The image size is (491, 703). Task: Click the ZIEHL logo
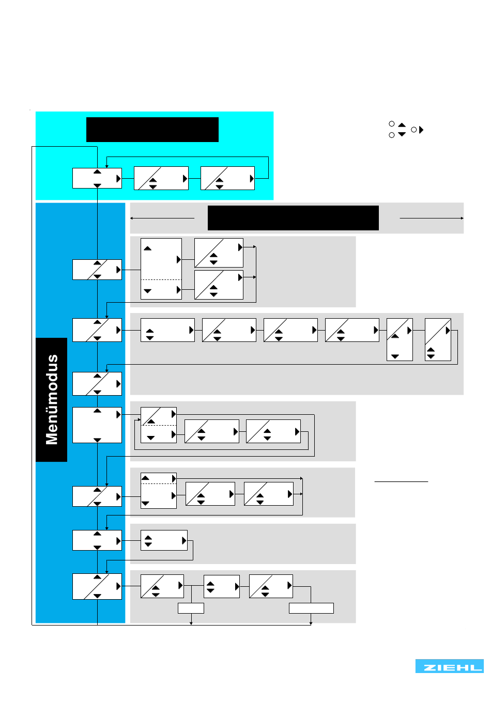pos(449,666)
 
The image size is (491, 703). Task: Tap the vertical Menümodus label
pos(52,399)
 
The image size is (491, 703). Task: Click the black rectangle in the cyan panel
pos(152,130)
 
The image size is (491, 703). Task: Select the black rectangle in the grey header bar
pos(293,218)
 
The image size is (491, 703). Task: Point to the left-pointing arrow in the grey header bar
pos(162,218)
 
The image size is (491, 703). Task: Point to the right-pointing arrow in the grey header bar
pos(432,218)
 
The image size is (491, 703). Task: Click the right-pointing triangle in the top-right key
pos(421,130)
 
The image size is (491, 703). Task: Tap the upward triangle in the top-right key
pos(402,124)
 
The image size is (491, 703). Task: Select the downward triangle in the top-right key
pos(402,134)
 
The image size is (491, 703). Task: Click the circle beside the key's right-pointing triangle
pos(414,130)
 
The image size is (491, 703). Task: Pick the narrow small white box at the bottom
pos(191,608)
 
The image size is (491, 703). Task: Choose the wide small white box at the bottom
pos(311,608)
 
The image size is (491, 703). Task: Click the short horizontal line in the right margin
pos(401,481)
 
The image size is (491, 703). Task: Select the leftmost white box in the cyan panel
pos(97,178)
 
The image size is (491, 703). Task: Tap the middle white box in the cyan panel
pos(161,178)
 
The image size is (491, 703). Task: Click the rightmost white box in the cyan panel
pos(227,178)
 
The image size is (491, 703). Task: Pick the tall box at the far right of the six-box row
pos(438,339)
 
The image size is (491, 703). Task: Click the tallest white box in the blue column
pos(97,425)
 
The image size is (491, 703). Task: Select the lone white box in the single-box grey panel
pos(164,540)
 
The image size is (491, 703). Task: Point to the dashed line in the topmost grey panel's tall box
pos(161,279)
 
